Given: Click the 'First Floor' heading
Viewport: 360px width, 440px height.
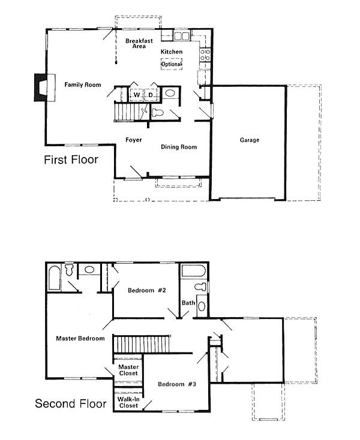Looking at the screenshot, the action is click(71, 159).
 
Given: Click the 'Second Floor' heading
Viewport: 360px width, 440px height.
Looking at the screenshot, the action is click(71, 403).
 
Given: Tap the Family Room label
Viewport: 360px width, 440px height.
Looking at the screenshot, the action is click(83, 85).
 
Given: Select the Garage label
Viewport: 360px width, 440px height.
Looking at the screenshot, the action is click(250, 140).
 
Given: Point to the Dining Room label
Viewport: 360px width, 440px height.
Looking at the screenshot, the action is click(179, 147).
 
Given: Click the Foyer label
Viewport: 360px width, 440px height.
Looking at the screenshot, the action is click(134, 140).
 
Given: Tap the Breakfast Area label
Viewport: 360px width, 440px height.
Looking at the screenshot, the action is click(139, 44).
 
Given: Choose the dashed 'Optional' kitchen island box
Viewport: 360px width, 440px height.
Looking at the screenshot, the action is click(172, 64).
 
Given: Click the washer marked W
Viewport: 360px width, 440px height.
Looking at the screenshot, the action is click(136, 95).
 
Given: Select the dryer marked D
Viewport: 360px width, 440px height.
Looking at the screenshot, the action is click(151, 95).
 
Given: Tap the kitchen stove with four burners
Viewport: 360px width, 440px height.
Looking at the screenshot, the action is click(205, 55).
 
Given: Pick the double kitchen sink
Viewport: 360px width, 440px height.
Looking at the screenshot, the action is click(182, 36).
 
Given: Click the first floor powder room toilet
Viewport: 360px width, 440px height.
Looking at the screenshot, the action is click(158, 113).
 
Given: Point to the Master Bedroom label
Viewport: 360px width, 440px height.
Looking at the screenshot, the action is click(80, 339).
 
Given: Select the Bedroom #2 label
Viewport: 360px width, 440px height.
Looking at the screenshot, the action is click(147, 290).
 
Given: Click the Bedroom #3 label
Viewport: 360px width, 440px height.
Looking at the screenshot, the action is click(177, 384).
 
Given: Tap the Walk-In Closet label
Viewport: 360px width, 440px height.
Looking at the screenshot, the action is click(128, 402).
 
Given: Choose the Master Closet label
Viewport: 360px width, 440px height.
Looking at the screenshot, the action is click(128, 370).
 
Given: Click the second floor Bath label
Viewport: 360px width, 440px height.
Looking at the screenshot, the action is click(188, 303).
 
